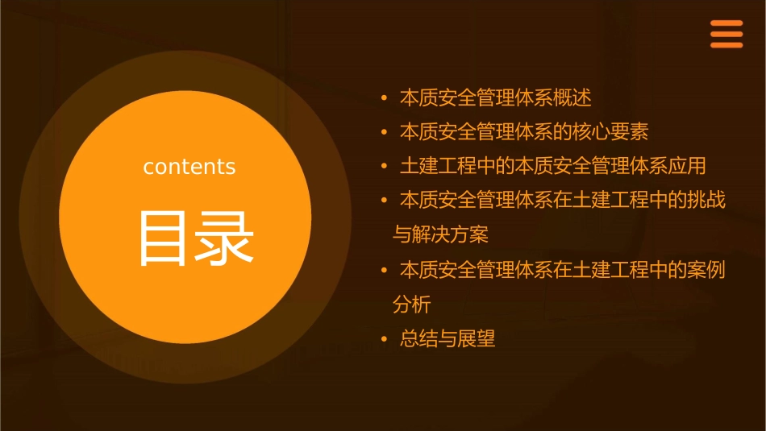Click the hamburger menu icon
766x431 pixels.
click(x=726, y=35)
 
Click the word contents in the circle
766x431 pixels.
click(x=189, y=167)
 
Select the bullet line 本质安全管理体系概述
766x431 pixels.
click(x=495, y=98)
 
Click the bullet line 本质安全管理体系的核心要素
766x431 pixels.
click(x=524, y=131)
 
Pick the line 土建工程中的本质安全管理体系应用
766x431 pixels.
click(x=552, y=166)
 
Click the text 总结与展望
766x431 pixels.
click(x=448, y=338)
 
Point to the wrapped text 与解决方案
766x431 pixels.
click(x=440, y=235)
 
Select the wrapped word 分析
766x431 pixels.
click(x=411, y=305)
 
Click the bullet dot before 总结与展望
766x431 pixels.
click(x=385, y=339)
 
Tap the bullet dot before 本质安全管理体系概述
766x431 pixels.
click(x=385, y=98)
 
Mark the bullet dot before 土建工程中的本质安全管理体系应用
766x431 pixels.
click(x=385, y=166)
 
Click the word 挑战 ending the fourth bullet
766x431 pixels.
click(x=707, y=200)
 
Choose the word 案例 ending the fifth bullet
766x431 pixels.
click(x=707, y=270)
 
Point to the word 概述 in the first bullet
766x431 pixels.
click(x=572, y=98)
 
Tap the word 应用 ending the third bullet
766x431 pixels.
click(x=687, y=166)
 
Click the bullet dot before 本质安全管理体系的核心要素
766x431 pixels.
click(x=385, y=131)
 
